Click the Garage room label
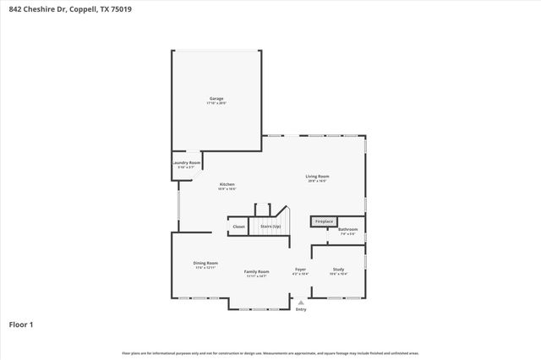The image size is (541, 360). (x=216, y=99)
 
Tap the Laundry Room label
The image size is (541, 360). (x=186, y=162)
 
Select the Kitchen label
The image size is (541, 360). (x=227, y=184)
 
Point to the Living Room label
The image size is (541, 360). (x=316, y=176)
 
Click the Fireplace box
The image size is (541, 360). (x=324, y=221)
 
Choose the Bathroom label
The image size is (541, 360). (x=347, y=229)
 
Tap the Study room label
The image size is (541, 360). (x=338, y=269)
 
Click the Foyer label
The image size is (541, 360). (x=300, y=270)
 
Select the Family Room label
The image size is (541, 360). (x=256, y=271)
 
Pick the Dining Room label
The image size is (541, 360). (x=205, y=263)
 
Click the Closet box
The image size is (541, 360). (x=238, y=226)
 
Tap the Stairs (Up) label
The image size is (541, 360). (x=270, y=226)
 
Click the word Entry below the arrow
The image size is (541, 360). (x=300, y=309)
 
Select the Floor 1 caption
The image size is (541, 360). (x=21, y=324)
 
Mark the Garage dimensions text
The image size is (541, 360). (x=216, y=103)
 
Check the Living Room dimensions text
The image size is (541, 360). (x=316, y=181)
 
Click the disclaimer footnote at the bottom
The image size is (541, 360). (x=270, y=352)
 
